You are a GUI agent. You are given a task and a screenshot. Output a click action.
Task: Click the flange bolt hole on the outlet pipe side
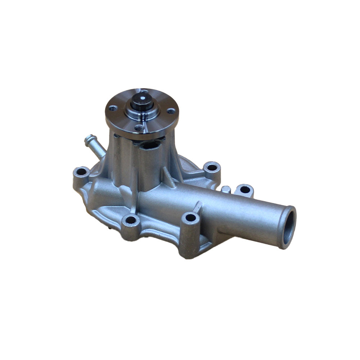(x=171, y=111)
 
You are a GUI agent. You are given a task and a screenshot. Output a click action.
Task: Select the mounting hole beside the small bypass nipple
(x=81, y=172)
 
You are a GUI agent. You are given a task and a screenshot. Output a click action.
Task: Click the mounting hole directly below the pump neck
(x=131, y=219)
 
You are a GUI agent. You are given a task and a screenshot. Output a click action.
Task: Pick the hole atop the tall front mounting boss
(x=190, y=217)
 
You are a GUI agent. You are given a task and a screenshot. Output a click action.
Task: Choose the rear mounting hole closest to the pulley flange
(x=212, y=167)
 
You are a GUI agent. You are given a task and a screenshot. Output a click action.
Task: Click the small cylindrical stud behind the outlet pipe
(x=226, y=189)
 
